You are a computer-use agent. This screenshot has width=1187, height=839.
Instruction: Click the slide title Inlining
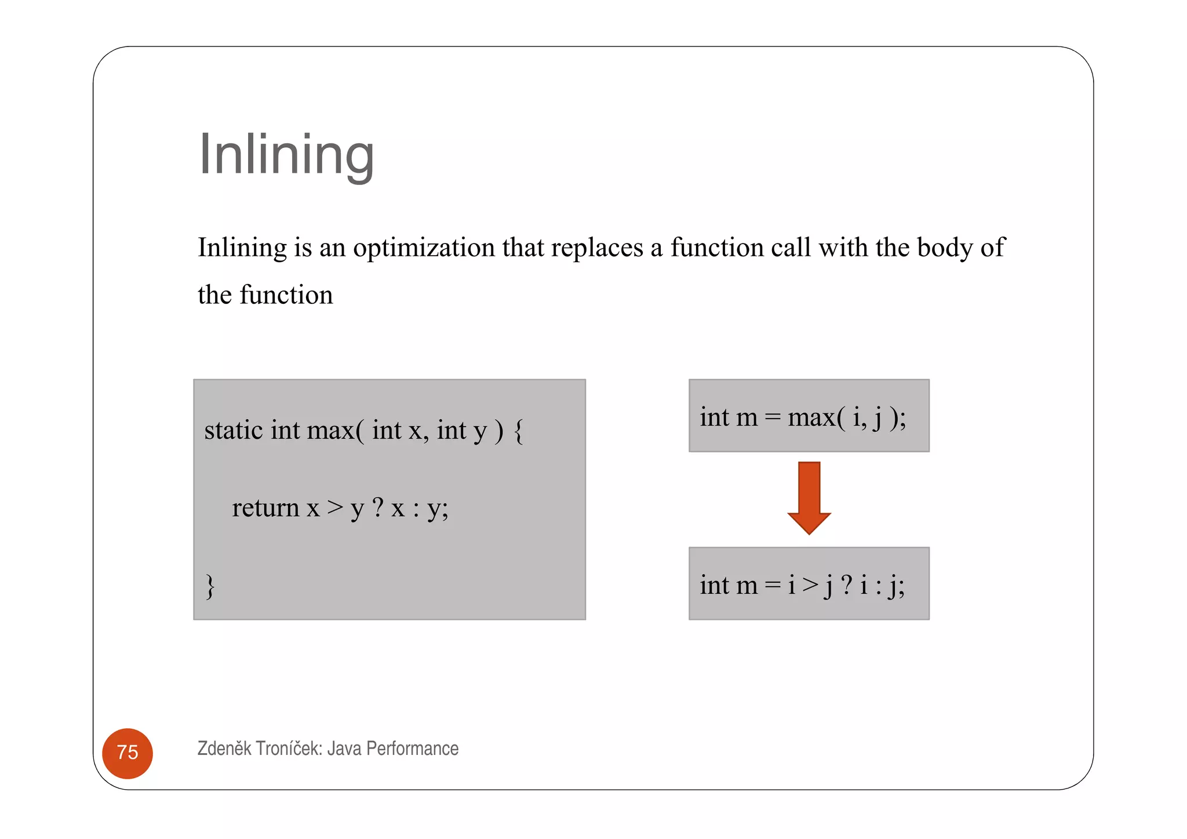[286, 155]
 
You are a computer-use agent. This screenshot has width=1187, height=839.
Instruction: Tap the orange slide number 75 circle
[128, 753]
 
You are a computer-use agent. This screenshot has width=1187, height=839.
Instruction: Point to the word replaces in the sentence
[596, 248]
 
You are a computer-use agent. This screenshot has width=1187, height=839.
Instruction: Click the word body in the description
[945, 248]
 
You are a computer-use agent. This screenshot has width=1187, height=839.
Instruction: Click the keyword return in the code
[265, 509]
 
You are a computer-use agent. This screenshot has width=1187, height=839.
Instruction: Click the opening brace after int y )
[519, 431]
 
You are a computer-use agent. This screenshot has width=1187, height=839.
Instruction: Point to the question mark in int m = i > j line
[846, 584]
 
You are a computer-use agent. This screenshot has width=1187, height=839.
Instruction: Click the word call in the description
[790, 248]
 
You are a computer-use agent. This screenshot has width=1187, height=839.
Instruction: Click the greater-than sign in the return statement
[335, 508]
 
